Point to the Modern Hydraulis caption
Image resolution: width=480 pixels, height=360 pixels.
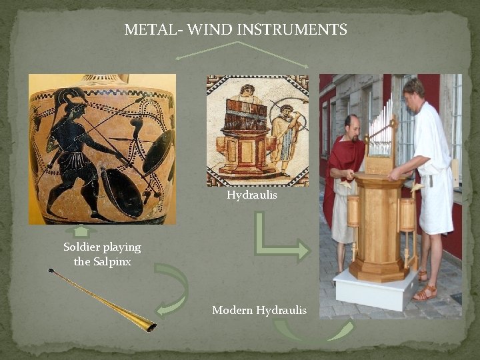click(259, 310)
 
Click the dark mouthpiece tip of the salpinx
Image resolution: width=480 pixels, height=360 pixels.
click(51, 271)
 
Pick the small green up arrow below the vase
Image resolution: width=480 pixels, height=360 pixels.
click(81, 231)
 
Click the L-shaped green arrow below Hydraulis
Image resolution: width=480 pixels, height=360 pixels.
click(277, 240)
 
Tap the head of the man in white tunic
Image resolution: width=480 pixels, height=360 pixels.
click(414, 88)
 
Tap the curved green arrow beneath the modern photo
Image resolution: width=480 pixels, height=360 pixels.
click(313, 330)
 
